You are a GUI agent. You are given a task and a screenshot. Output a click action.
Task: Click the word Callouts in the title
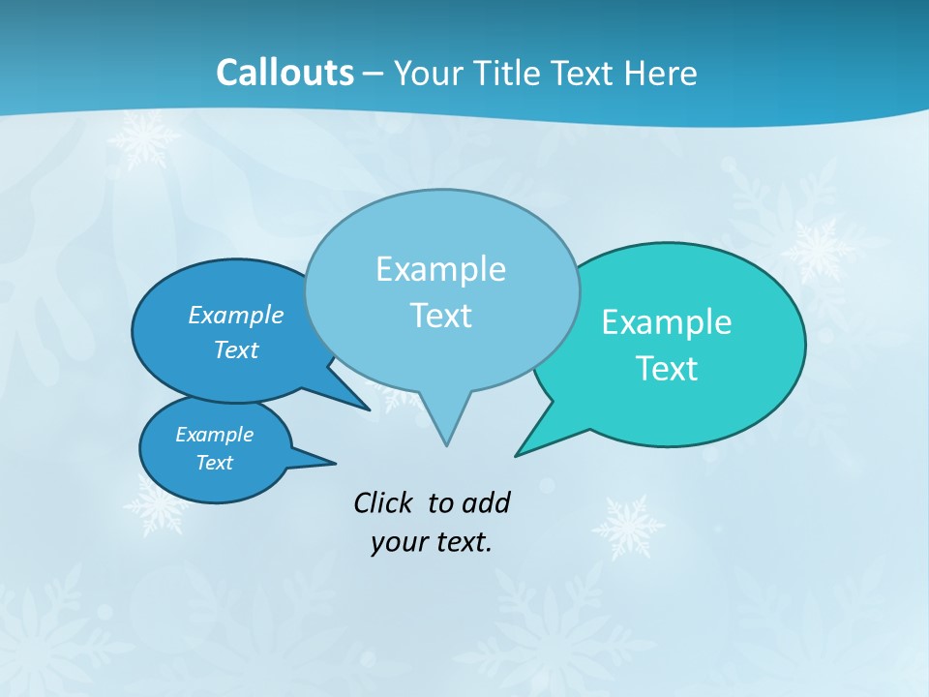[285, 73]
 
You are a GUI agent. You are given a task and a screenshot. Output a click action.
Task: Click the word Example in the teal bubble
[667, 322]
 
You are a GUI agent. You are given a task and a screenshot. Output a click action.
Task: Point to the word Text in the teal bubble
[667, 369]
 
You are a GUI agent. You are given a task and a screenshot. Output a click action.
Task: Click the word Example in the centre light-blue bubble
[440, 269]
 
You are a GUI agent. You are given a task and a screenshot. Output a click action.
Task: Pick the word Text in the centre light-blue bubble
[440, 316]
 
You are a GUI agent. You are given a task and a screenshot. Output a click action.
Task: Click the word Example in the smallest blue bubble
[214, 435]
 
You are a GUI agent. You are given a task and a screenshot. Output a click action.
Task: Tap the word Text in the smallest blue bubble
[214, 463]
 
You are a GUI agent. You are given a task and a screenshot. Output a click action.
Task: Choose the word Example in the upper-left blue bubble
[235, 316]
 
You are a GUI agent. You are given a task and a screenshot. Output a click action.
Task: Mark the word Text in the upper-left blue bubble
[235, 349]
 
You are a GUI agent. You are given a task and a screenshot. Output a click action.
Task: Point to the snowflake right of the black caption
[628, 528]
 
